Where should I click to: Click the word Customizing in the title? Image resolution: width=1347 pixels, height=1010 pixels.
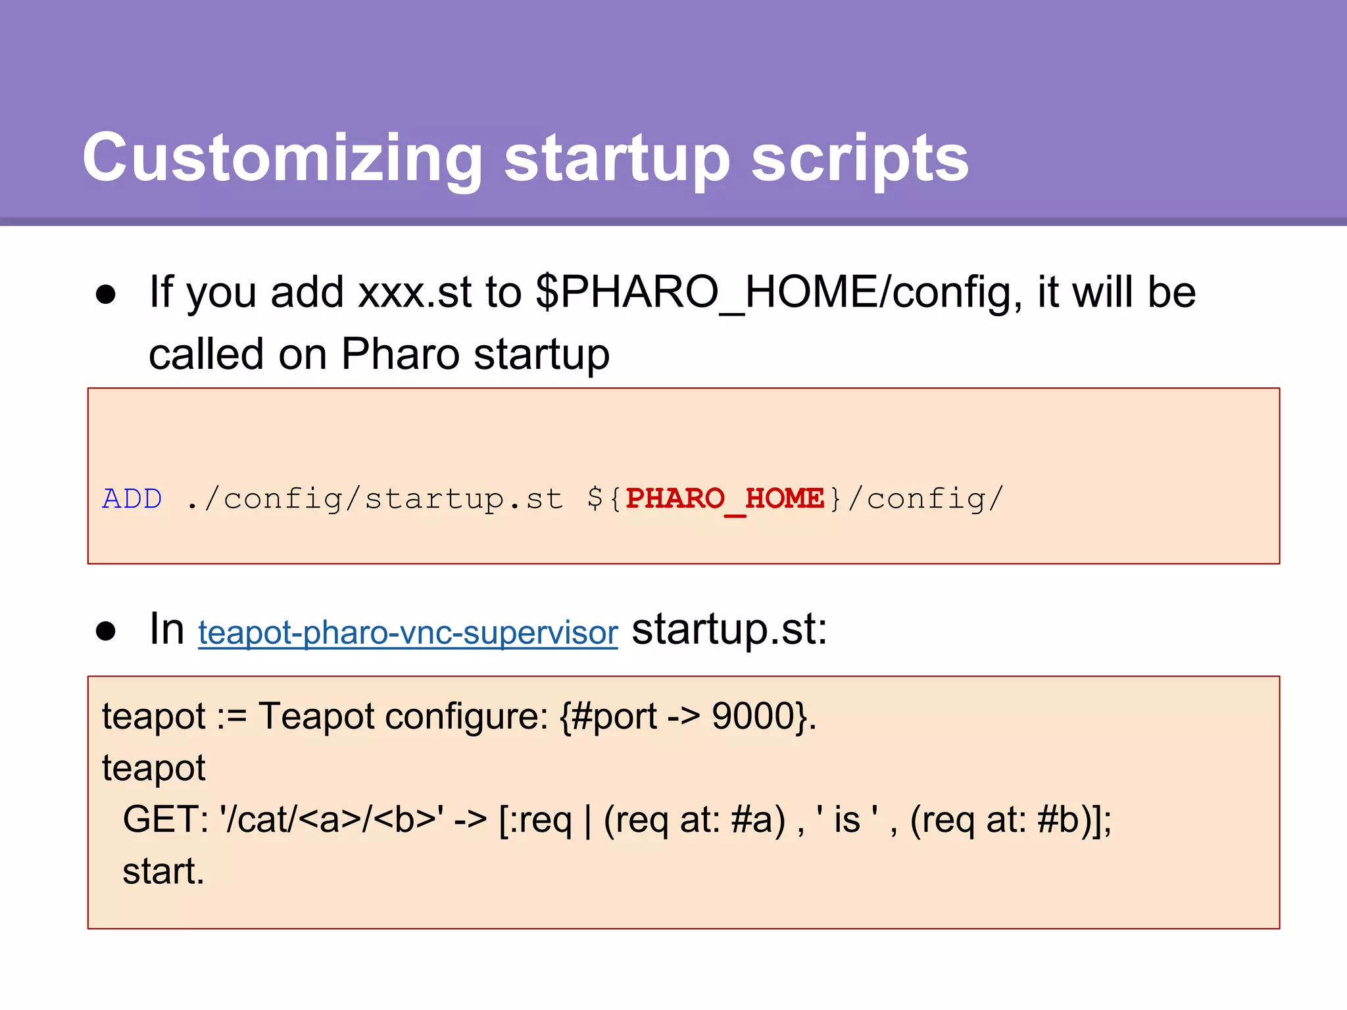click(x=283, y=158)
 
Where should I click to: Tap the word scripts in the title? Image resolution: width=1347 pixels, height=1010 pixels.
click(x=860, y=158)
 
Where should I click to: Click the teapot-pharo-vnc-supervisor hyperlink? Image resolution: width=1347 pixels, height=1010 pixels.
click(x=408, y=633)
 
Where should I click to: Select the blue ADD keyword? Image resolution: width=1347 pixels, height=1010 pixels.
click(x=132, y=498)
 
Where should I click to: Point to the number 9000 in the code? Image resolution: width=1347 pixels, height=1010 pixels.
click(x=752, y=716)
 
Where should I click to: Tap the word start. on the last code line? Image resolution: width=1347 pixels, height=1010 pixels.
click(x=164, y=871)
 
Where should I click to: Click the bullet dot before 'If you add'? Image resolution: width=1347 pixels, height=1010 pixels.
click(x=105, y=294)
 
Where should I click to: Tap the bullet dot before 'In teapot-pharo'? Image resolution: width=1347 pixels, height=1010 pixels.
click(x=105, y=631)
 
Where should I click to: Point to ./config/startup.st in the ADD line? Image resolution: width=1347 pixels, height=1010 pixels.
click(x=374, y=498)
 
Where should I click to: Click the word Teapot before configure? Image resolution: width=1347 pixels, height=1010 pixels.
click(x=316, y=716)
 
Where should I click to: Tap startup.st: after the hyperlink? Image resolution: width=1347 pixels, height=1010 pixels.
click(x=729, y=629)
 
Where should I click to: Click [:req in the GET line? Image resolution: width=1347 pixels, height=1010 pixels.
click(x=535, y=820)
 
